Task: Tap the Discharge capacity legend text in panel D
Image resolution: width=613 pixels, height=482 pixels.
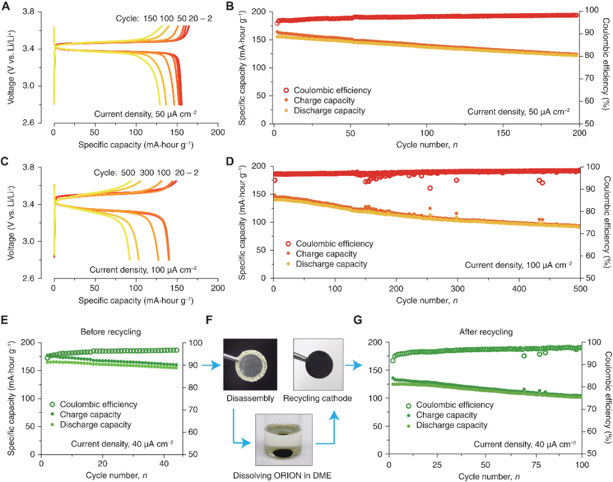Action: [x=331, y=264]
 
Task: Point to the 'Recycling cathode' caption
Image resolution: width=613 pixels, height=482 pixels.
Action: [x=321, y=399]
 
